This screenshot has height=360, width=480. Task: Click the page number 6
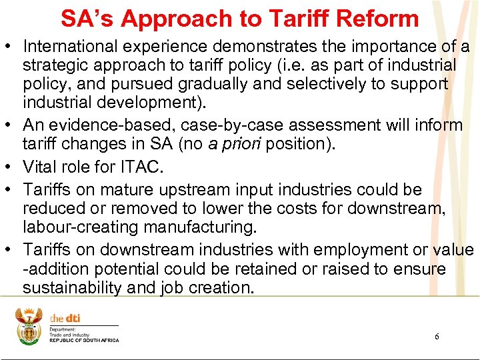pos(437,337)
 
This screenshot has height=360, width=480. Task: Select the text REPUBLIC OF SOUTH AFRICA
pos(85,341)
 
